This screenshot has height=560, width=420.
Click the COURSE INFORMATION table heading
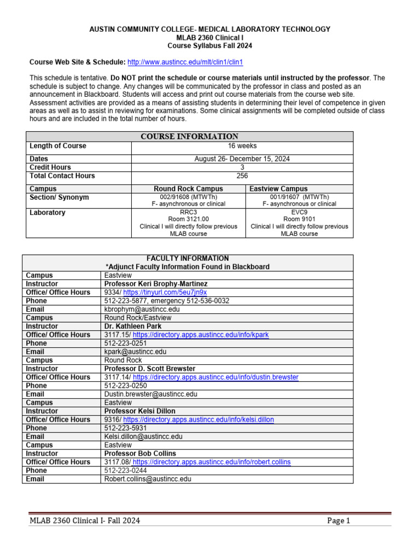(x=188, y=136)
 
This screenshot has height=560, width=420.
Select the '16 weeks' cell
(x=242, y=146)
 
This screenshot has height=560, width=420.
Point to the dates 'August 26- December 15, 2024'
(x=242, y=159)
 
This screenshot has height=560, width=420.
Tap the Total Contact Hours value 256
(x=242, y=176)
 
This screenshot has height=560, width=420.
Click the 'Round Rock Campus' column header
(x=188, y=189)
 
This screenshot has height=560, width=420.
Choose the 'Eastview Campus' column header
(x=278, y=189)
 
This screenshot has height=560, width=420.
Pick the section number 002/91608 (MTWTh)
(x=188, y=197)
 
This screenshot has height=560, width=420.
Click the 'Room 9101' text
(x=299, y=218)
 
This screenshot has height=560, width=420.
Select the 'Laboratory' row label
(x=48, y=213)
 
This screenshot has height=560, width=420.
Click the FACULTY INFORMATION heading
(x=188, y=258)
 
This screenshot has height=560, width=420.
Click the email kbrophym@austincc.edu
(x=142, y=309)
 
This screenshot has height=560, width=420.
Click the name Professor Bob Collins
(x=140, y=453)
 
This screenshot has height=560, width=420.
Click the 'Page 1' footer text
(x=338, y=521)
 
